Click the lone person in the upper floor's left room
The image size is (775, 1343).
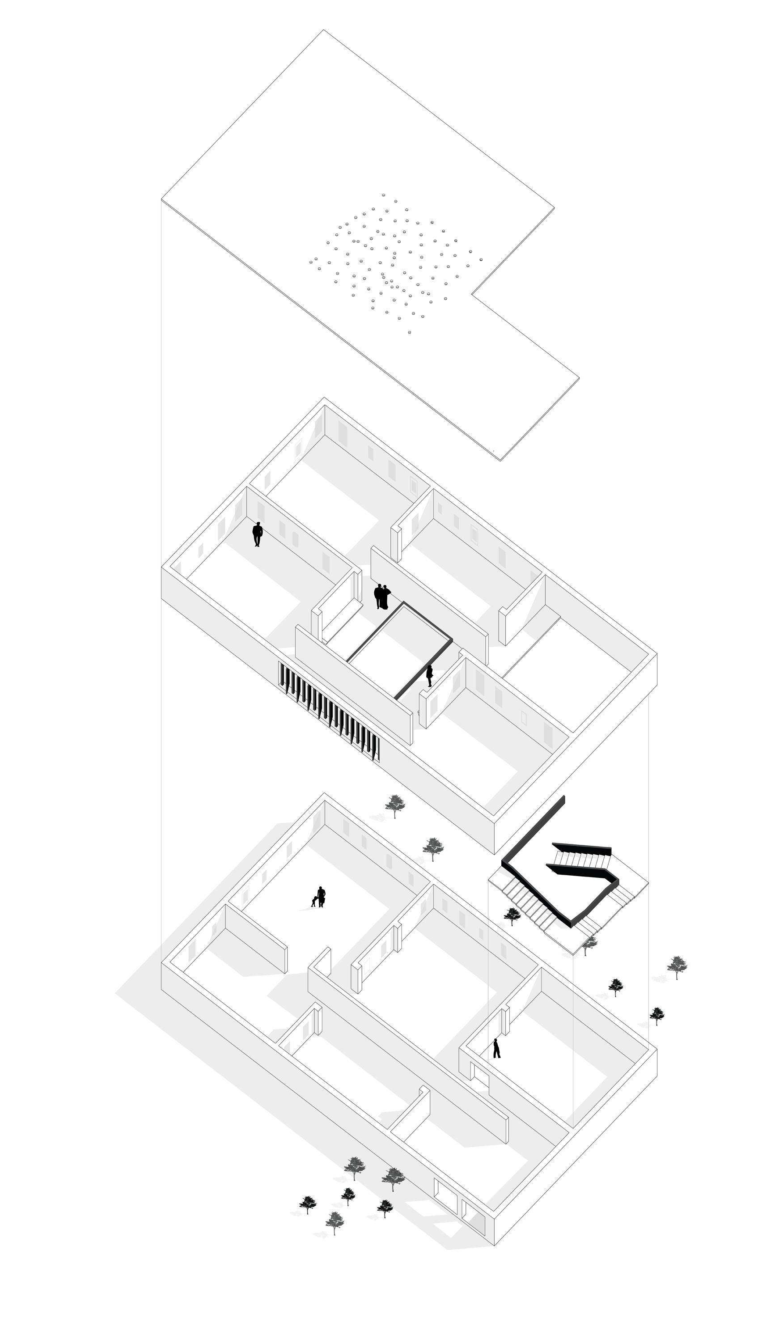pos(257,534)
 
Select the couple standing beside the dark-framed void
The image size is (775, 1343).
pos(382,596)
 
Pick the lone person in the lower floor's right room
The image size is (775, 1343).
pos(497,1048)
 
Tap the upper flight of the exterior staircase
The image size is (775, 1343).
pos(583,859)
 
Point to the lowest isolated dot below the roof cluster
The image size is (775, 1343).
pos(409,333)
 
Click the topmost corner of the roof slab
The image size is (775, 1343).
pos(324,30)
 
